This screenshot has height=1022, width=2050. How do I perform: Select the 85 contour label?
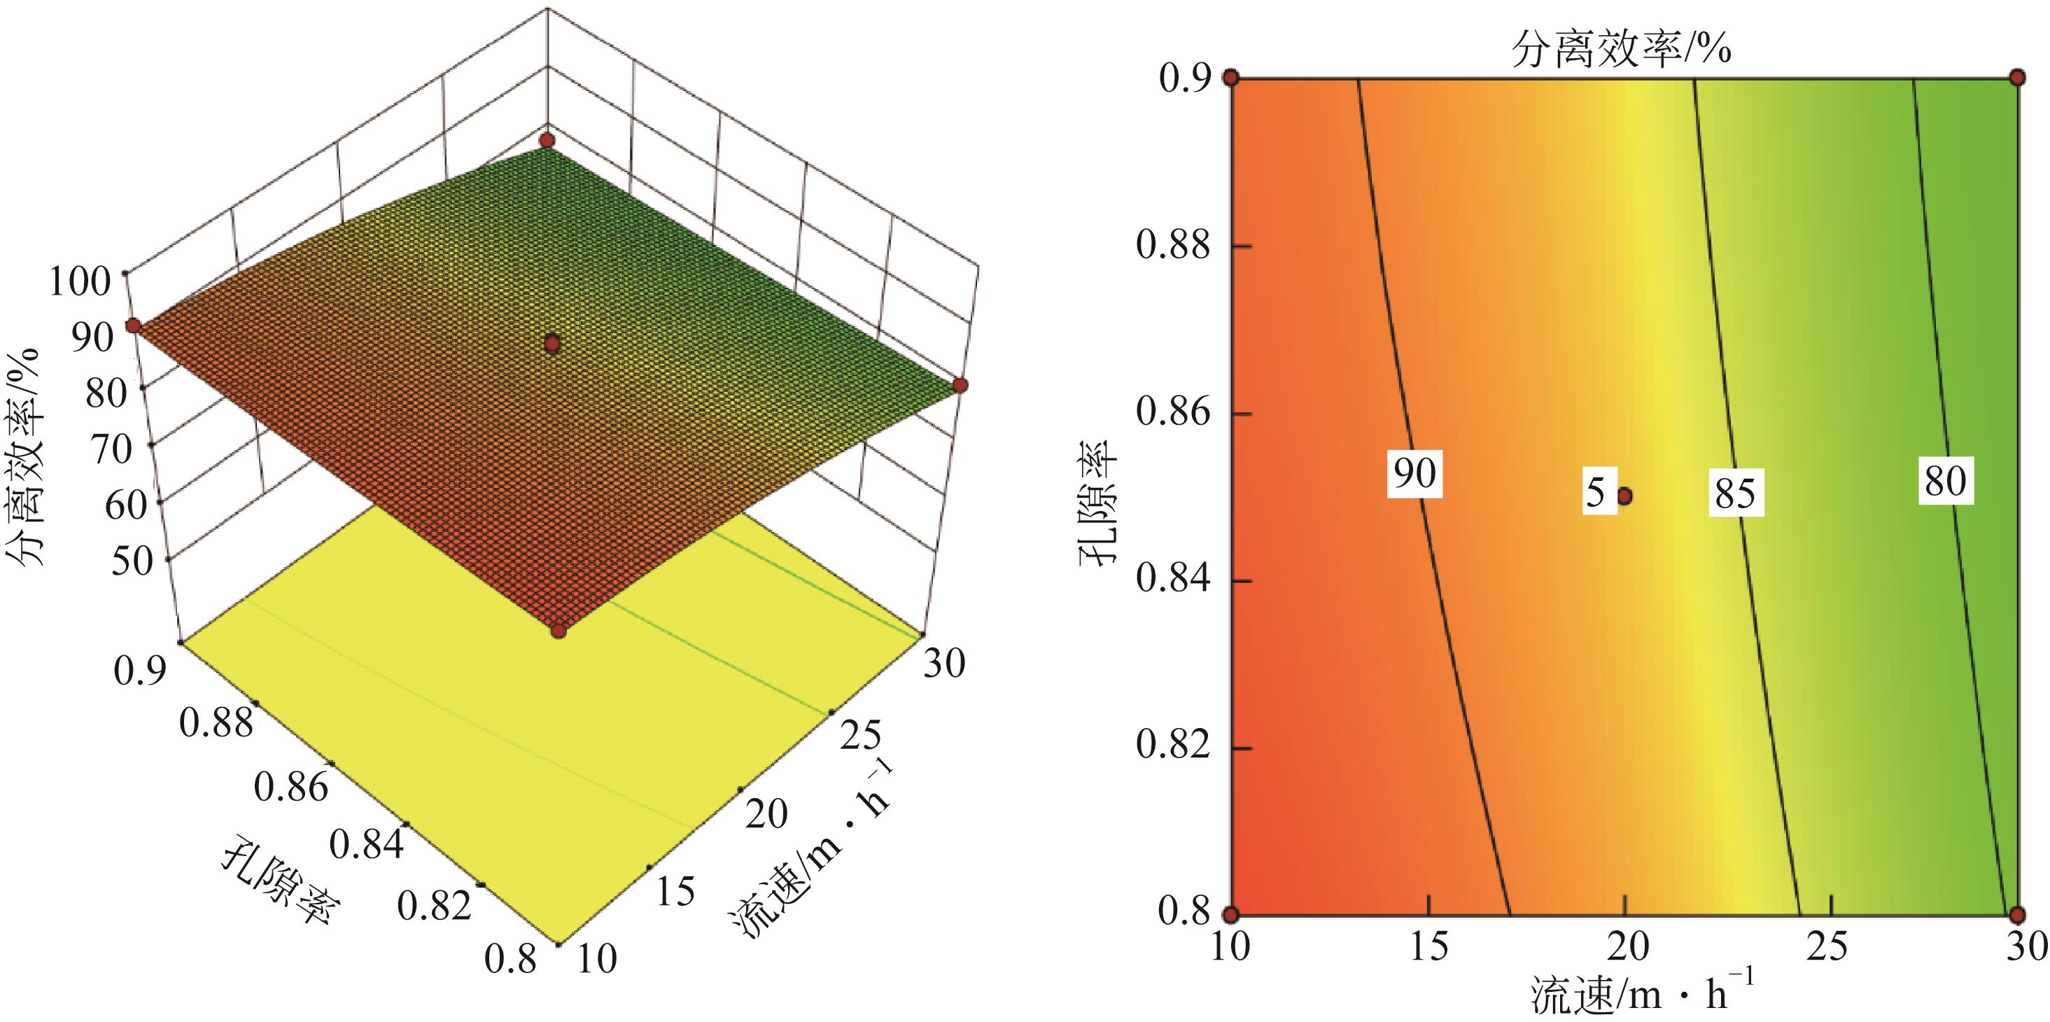click(x=1735, y=493)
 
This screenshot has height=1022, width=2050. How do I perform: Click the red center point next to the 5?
click(x=1624, y=496)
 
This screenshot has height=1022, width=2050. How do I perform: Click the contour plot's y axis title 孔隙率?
click(x=1098, y=497)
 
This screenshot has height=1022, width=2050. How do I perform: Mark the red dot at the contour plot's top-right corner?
click(x=2017, y=77)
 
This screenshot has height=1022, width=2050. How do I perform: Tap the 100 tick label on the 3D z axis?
click(x=80, y=283)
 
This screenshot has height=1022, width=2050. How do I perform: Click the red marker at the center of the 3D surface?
click(x=552, y=344)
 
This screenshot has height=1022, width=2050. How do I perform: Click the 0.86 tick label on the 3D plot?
click(x=290, y=787)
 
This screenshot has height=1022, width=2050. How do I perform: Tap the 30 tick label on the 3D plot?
click(x=944, y=662)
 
